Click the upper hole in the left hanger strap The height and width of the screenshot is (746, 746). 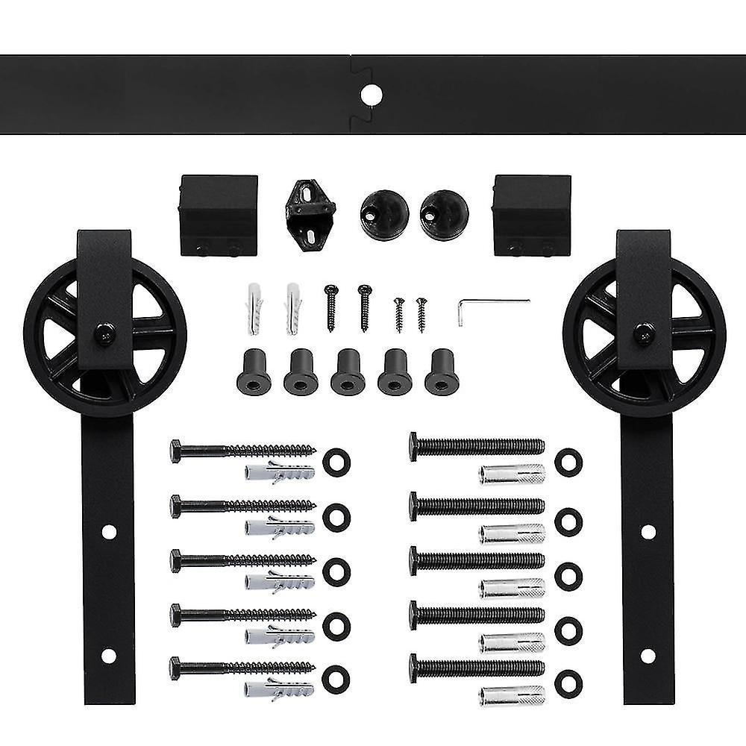pos(109,533)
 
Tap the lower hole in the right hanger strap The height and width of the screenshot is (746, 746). pos(648,656)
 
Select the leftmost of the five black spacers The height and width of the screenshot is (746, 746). pos(254,372)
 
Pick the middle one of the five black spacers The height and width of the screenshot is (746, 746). pos(348,372)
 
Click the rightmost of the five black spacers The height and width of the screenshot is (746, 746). pos(441,372)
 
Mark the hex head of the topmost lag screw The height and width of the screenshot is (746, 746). pos(175,451)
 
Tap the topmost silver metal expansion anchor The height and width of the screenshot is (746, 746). pos(512,474)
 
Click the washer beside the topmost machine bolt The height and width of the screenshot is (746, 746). pos(568,462)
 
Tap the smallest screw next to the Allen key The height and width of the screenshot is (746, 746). pos(421,313)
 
